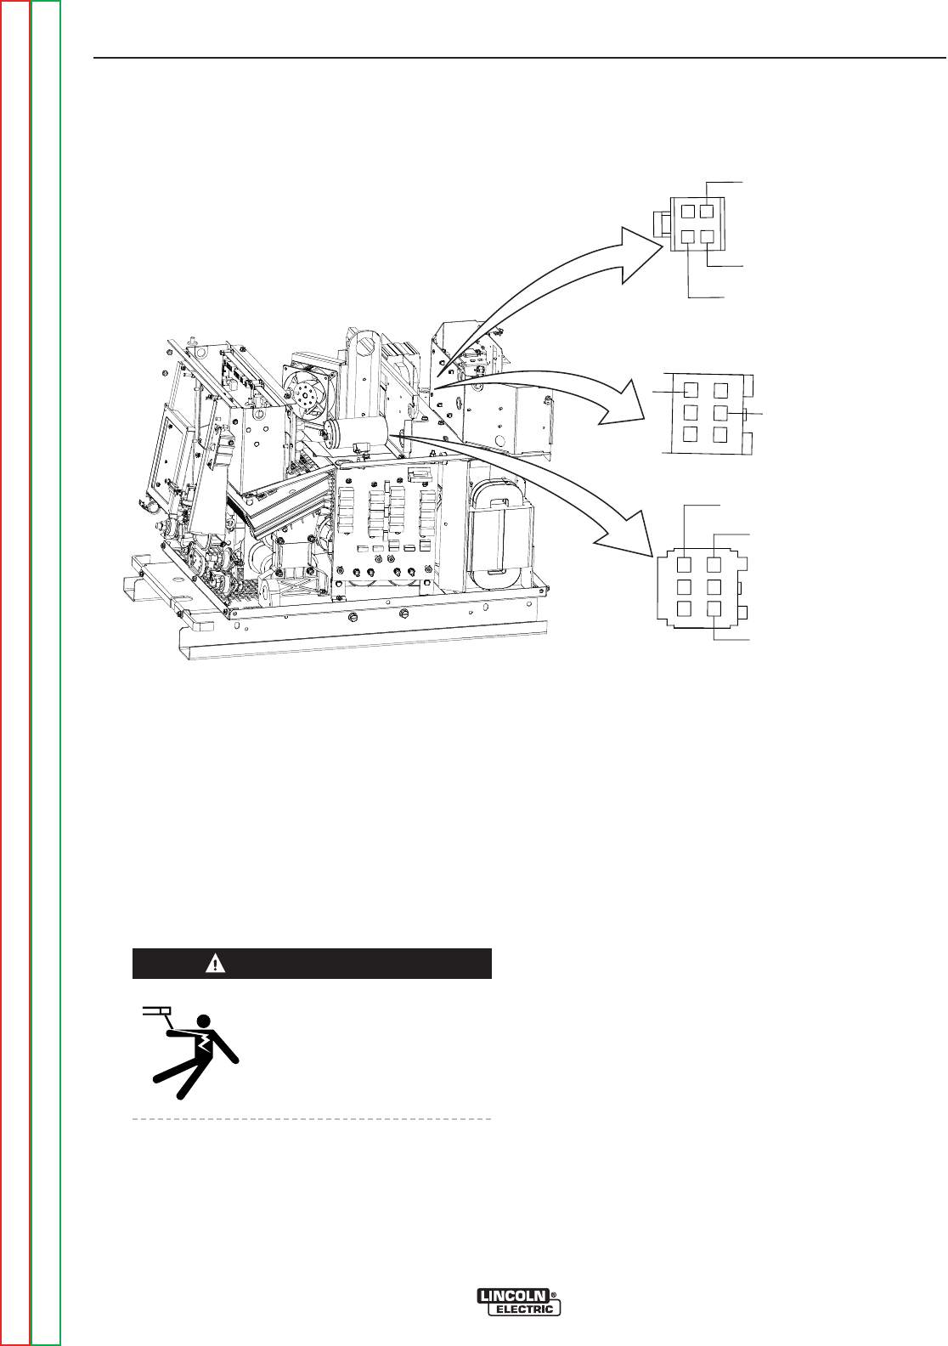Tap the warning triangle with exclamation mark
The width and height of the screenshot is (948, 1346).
(217, 964)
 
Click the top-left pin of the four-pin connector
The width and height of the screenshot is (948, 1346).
(690, 211)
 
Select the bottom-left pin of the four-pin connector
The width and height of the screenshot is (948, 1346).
(690, 239)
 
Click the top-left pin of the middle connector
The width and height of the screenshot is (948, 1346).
(691, 390)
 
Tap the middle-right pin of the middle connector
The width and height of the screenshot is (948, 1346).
(720, 413)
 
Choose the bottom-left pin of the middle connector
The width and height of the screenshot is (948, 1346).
(691, 434)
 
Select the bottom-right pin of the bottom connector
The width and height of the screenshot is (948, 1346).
(715, 608)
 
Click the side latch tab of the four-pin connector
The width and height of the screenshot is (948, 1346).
(658, 224)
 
